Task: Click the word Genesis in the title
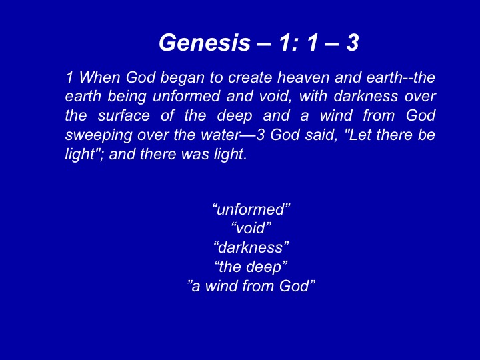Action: click(205, 42)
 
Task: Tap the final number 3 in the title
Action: click(353, 42)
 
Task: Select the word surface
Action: click(124, 115)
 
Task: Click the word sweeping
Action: click(98, 135)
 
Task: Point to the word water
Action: click(220, 135)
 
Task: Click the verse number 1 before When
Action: click(70, 77)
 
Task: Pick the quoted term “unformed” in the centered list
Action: click(251, 209)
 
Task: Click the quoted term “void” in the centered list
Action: click(251, 229)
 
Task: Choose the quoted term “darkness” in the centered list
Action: click(251, 247)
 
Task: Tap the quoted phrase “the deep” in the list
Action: click(251, 267)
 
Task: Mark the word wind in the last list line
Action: click(221, 286)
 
